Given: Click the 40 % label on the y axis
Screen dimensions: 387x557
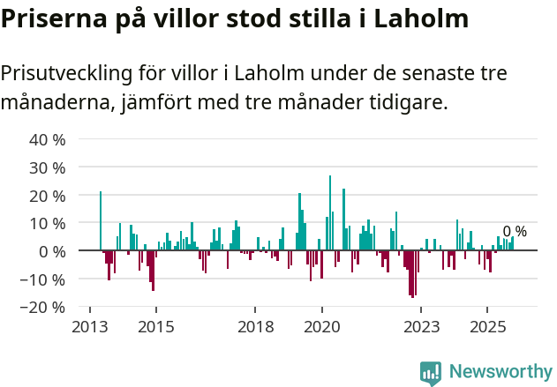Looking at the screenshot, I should point(48,139).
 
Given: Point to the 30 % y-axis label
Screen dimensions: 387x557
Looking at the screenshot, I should point(48,167).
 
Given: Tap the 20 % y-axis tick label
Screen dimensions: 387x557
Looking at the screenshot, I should point(48,196).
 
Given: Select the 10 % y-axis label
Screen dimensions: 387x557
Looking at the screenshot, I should point(48,223).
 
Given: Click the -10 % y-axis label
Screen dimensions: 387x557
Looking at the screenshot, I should point(45,279).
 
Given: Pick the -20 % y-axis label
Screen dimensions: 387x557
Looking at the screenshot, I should point(45,308).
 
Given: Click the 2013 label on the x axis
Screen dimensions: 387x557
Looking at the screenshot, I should point(89,327).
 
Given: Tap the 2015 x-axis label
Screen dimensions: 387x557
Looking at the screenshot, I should point(155,327).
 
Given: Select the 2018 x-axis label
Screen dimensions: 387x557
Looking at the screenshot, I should point(255,327).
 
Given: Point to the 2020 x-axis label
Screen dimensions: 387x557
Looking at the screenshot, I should point(321,327).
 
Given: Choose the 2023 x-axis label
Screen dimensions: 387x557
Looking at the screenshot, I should point(420,327).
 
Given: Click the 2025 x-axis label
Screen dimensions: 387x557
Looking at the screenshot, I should point(486,327).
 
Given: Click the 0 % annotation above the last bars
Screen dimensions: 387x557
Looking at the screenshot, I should point(515,232).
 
